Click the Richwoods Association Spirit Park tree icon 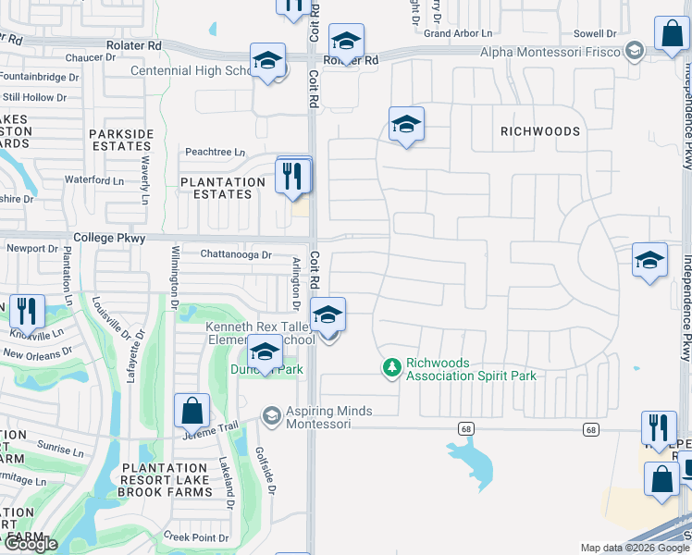(392, 368)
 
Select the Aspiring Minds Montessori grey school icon (271, 415)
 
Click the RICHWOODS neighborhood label (540, 131)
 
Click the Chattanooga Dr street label (237, 254)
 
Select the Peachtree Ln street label (215, 152)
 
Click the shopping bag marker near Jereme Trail (192, 410)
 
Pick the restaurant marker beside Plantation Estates (293, 175)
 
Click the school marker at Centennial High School (268, 62)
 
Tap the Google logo (30, 545)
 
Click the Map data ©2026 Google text (635, 548)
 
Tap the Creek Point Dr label (195, 536)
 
